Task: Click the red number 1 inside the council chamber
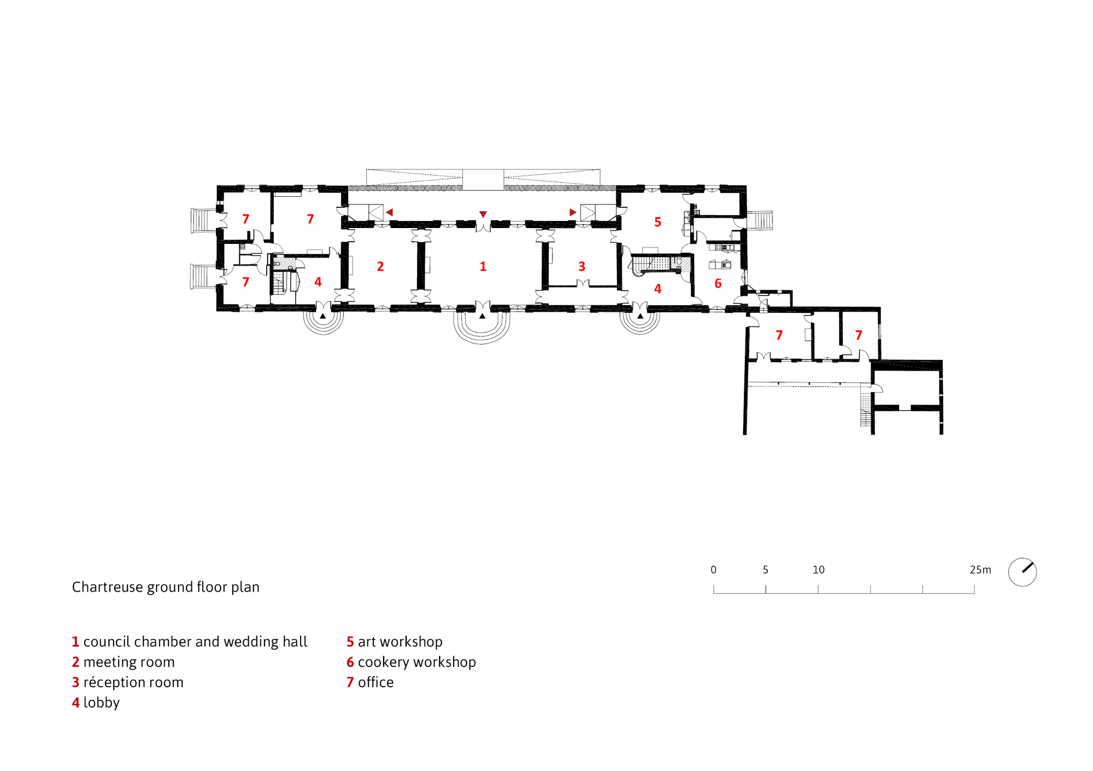pyautogui.click(x=483, y=266)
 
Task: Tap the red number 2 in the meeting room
pyautogui.click(x=380, y=266)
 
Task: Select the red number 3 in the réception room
pyautogui.click(x=581, y=266)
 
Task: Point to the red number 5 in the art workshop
pyautogui.click(x=657, y=222)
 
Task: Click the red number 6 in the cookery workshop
pyautogui.click(x=718, y=283)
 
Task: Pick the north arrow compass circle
pyautogui.click(x=1022, y=572)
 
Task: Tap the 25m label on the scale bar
pyautogui.click(x=980, y=570)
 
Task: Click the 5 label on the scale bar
pyautogui.click(x=765, y=570)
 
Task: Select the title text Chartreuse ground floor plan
pyautogui.click(x=166, y=587)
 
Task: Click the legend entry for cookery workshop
pyautogui.click(x=411, y=662)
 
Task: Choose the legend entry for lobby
pyautogui.click(x=96, y=702)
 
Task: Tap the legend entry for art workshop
pyautogui.click(x=394, y=641)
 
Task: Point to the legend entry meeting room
pyautogui.click(x=123, y=662)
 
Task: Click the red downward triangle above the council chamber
pyautogui.click(x=483, y=214)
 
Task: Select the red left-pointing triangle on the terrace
pyautogui.click(x=389, y=212)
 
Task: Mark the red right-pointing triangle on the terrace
pyautogui.click(x=573, y=212)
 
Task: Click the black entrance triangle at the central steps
pyautogui.click(x=482, y=316)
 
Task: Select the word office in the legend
pyautogui.click(x=375, y=682)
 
